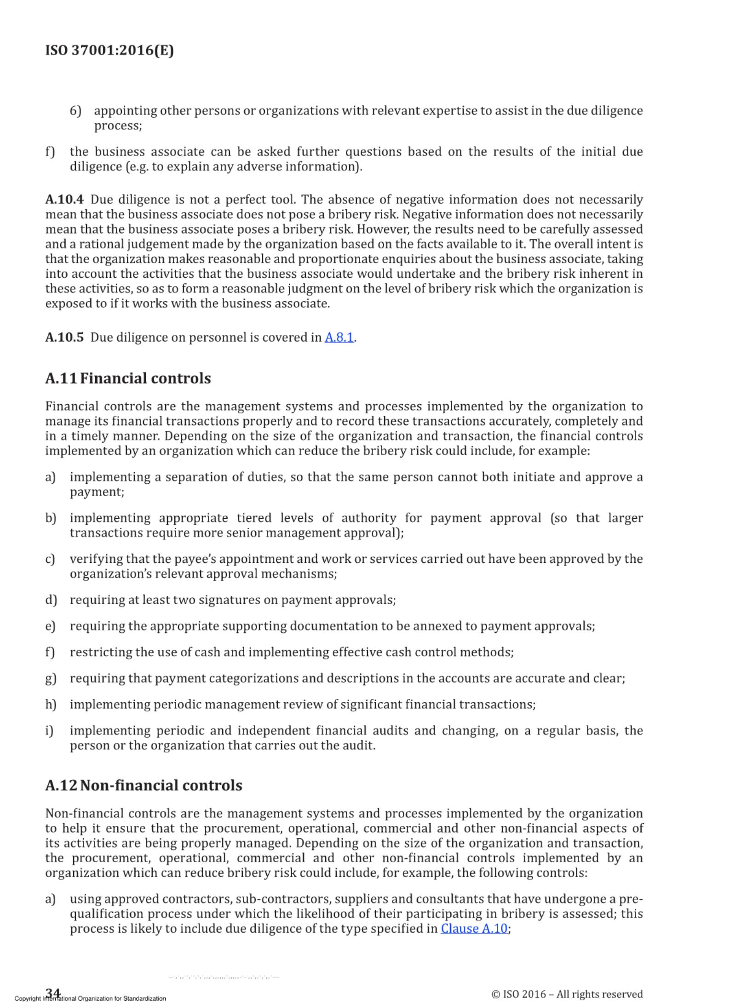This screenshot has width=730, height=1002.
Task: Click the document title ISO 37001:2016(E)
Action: [x=109, y=50]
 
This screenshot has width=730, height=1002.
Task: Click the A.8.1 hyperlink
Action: [x=339, y=337]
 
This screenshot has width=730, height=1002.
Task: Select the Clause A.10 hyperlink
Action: [x=474, y=928]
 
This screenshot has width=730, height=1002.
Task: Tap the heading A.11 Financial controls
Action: [x=128, y=378]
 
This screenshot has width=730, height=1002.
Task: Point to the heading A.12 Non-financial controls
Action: [x=144, y=784]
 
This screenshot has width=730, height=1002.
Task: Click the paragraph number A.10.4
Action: [x=64, y=200]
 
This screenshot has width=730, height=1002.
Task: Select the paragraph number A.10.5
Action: [x=64, y=337]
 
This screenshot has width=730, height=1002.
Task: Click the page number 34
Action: [x=53, y=991]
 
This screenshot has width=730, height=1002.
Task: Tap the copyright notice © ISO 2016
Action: [x=567, y=994]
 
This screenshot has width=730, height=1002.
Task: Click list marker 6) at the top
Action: [x=75, y=111]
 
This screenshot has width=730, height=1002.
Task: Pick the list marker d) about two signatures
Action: [x=51, y=600]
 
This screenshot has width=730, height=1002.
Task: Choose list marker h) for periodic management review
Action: [x=51, y=704]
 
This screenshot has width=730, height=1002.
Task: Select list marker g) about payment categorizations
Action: [x=51, y=678]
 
